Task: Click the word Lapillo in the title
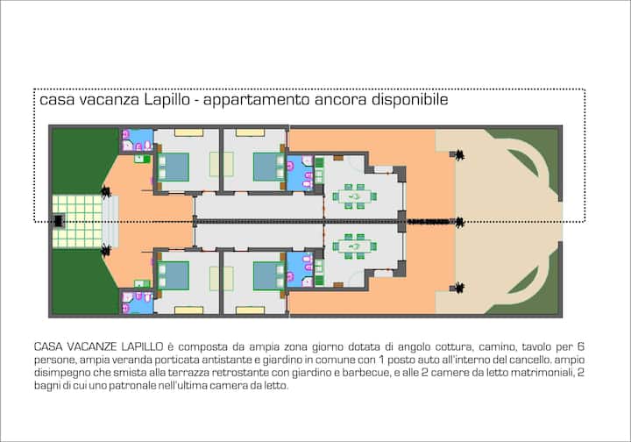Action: click(x=167, y=99)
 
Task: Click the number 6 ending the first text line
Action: click(x=580, y=346)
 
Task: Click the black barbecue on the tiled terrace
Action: click(x=59, y=221)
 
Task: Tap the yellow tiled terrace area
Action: click(x=77, y=221)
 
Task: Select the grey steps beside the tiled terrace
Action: click(x=110, y=221)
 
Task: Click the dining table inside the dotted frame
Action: click(x=355, y=196)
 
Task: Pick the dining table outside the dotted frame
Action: click(x=355, y=246)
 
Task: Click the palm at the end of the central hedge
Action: click(x=459, y=222)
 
